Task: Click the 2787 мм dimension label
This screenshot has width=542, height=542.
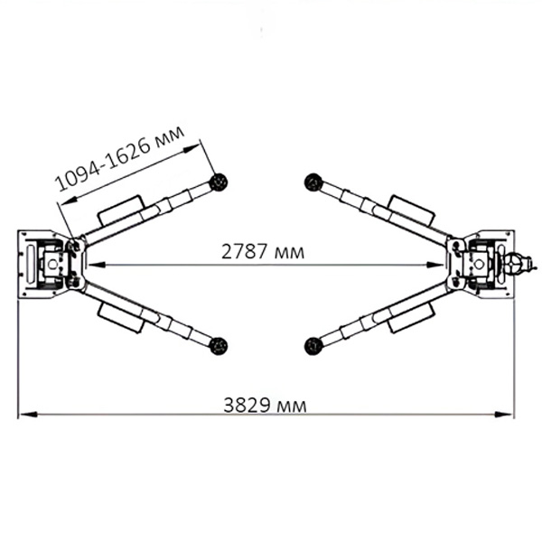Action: click(x=263, y=252)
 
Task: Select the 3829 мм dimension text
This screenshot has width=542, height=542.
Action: click(x=265, y=405)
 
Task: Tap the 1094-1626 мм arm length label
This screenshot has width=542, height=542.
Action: click(x=120, y=159)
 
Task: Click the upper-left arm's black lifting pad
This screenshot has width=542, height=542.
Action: click(x=219, y=182)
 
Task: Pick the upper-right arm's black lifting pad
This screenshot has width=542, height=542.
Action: click(x=313, y=182)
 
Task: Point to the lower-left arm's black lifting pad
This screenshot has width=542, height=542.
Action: click(x=219, y=346)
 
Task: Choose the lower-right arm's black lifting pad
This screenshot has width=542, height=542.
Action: click(x=313, y=346)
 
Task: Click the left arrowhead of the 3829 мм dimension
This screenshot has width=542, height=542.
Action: click(x=28, y=414)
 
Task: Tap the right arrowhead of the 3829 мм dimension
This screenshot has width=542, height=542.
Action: click(x=504, y=414)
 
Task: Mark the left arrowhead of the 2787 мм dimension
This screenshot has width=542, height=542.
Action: click(x=97, y=265)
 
